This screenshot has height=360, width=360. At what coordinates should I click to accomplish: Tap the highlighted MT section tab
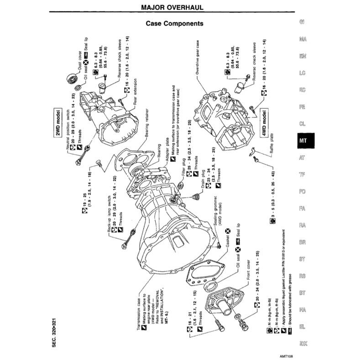tap(302, 141)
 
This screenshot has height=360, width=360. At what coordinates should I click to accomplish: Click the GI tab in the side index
tap(302, 22)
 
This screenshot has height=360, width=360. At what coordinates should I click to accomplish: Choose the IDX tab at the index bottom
tap(302, 343)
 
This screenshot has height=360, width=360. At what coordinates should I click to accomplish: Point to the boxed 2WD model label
tap(58, 123)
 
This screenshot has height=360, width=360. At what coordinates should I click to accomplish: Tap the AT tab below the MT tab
tap(302, 158)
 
